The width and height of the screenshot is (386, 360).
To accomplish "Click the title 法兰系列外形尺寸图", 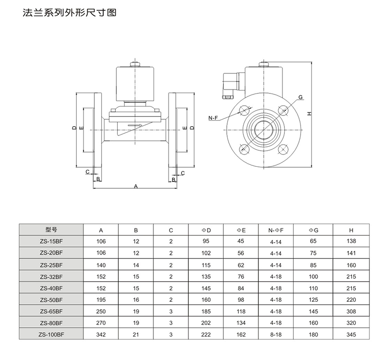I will coord(69,13).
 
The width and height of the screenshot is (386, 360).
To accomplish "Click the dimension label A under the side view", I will coord(136,186).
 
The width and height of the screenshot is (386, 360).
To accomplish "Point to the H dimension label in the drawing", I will coord(308,113).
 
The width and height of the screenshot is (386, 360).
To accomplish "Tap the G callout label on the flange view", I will coord(300,97).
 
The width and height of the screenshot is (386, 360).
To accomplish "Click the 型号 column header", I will coord(51,229).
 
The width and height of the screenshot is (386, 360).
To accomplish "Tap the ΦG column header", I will coord(313,229).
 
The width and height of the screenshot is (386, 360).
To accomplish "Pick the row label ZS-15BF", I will coord(51,241).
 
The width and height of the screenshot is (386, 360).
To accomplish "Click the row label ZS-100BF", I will coord(51,334).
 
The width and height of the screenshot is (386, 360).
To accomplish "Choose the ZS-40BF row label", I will coord(51,288).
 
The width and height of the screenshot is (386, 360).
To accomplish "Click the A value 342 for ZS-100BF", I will coord(101,335).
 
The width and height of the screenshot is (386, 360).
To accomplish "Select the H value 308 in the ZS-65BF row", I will coord(351,311).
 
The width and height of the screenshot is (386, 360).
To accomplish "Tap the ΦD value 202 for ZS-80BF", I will coord(206,323).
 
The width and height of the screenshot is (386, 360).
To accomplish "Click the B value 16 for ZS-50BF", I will coord(136,299).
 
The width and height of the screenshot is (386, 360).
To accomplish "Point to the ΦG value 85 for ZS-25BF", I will coord(313,265).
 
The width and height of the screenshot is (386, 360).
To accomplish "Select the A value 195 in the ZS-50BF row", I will coord(101,299).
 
